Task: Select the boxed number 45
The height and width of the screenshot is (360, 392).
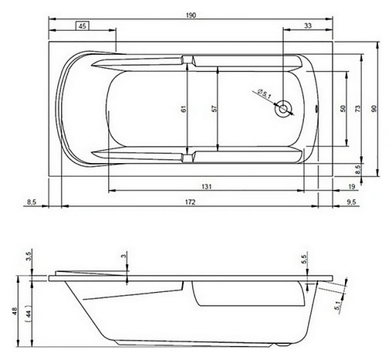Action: pyautogui.click(x=82, y=25)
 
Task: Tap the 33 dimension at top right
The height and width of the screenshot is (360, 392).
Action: pyautogui.click(x=308, y=25)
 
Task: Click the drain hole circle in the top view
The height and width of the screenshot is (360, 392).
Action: pyautogui.click(x=286, y=109)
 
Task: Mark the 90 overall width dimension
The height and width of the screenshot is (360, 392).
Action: pyautogui.click(x=374, y=109)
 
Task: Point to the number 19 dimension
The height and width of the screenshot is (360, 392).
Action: pyautogui.click(x=351, y=186)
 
